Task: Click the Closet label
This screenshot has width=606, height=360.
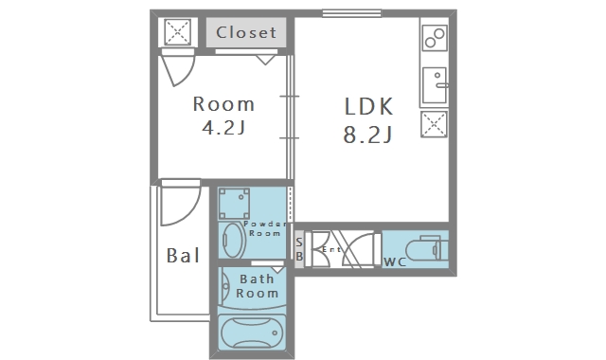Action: (x=246, y=32)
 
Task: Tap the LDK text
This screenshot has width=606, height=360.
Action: (x=368, y=106)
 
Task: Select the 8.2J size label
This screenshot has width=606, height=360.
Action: (x=367, y=135)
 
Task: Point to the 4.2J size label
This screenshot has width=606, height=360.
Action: (x=223, y=127)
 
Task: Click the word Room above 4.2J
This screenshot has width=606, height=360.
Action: (x=223, y=104)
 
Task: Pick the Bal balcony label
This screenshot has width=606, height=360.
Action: (x=183, y=255)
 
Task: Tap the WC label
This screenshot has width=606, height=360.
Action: (x=395, y=262)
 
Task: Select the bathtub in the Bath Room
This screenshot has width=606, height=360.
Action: (x=252, y=333)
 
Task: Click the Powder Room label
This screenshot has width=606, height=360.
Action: (x=265, y=228)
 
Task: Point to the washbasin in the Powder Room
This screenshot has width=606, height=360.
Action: (x=233, y=240)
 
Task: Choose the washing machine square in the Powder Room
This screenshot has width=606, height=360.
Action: (x=234, y=204)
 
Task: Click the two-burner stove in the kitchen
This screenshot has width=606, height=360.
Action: (x=435, y=38)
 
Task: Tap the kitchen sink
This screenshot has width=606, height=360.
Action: (x=436, y=85)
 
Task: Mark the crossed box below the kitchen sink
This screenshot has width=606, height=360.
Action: (x=434, y=124)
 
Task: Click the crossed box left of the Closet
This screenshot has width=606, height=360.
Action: (x=178, y=32)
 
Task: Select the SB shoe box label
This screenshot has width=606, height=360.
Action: (x=299, y=249)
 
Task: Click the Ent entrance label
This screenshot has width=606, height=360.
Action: (x=331, y=250)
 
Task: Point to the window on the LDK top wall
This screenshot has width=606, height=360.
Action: (x=351, y=13)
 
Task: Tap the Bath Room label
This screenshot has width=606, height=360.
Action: (x=257, y=286)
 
